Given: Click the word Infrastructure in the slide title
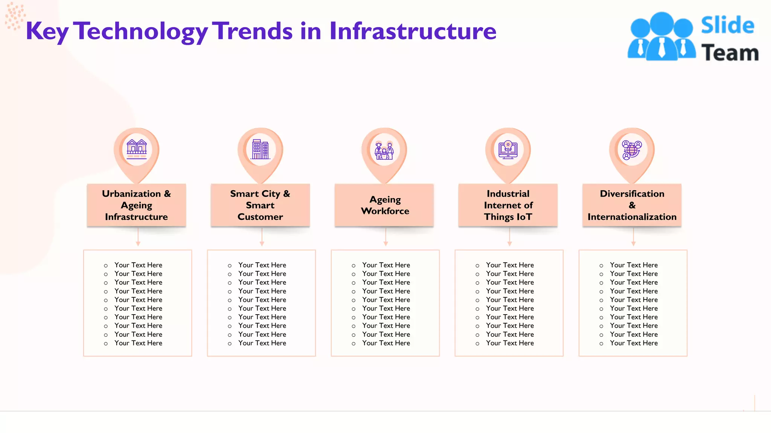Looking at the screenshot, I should pos(413,31).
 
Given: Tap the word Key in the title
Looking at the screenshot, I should pos(47,32).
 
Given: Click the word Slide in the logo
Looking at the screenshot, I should pos(727,26).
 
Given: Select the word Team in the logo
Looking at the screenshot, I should pos(730,53).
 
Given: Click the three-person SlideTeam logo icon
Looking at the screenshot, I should pos(661,36).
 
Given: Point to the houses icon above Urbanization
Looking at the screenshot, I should pos(137,149).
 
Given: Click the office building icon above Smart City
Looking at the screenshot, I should pos(261,149).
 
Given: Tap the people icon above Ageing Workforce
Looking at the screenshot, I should pos(384,150).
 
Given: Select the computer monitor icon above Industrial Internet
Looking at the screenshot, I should pos(508,149).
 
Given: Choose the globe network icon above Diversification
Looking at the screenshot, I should pos(632,150).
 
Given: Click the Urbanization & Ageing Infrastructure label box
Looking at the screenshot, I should pos(136,205).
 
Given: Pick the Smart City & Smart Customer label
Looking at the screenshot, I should pos(260,205).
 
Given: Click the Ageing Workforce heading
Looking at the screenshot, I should pos(385,205).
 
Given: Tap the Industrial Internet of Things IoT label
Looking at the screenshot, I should pos(508,205).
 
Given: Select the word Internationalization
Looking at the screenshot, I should pos(632,217).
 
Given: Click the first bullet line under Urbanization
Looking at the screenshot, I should pos(138,265).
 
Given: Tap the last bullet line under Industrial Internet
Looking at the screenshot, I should pos(510,343).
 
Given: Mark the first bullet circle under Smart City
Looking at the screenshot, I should pos(230,266).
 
